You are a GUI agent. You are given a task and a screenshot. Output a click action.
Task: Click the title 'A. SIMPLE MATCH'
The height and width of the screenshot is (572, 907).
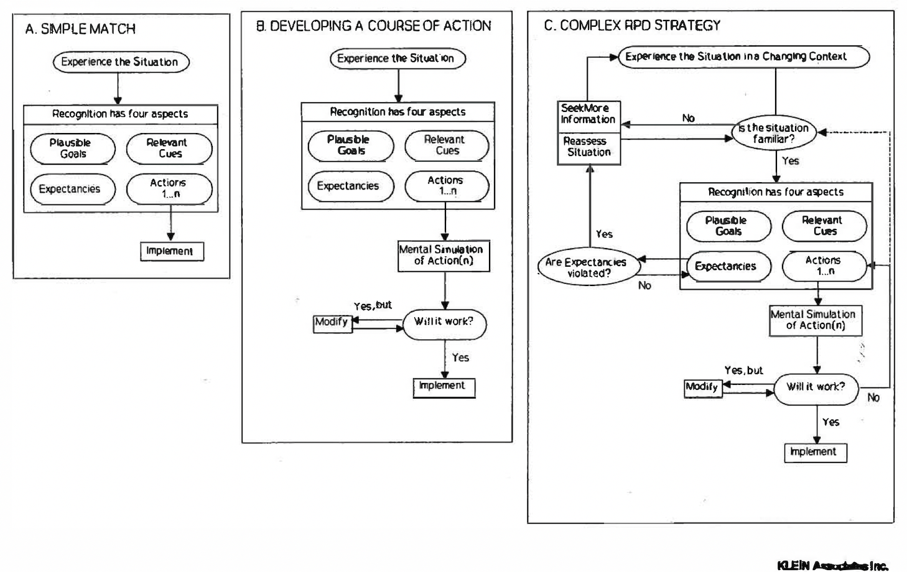tap(80, 29)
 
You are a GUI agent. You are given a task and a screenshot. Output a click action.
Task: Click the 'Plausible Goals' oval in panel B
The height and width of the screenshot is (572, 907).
tap(350, 145)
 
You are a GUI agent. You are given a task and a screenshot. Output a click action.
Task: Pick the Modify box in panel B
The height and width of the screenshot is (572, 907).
tap(332, 323)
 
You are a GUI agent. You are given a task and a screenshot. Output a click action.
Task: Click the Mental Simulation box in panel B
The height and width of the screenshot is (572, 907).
tap(444, 256)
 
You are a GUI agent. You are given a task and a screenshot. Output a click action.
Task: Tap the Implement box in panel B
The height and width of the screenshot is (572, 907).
tap(444, 387)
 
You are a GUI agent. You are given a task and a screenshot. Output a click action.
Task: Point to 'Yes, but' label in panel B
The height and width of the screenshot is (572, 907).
tap(373, 305)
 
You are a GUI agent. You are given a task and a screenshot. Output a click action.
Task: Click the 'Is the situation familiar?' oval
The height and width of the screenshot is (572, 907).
tap(774, 134)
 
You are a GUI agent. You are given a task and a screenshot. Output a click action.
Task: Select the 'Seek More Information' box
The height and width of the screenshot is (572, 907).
tap(588, 114)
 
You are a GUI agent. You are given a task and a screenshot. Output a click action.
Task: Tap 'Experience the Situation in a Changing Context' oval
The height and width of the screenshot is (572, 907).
tap(743, 57)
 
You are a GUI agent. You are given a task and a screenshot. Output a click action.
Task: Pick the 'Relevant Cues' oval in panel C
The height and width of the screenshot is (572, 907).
tap(824, 226)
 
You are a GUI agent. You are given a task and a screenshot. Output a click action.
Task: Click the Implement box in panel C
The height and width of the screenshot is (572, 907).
tap(815, 452)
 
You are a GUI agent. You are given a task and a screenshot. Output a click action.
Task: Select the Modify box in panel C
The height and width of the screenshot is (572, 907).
tap(703, 387)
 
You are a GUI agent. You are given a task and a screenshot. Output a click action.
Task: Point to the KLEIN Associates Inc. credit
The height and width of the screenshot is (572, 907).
tap(832, 565)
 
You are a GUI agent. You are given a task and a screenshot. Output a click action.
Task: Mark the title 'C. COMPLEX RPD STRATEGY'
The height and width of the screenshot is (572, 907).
tap(632, 25)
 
